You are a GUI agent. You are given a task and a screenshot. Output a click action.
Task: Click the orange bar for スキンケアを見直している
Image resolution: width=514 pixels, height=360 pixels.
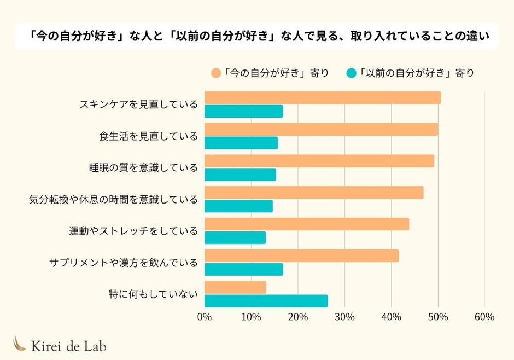coord(322,98)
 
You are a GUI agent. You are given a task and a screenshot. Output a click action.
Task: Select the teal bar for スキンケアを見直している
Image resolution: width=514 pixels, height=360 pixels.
coord(243,112)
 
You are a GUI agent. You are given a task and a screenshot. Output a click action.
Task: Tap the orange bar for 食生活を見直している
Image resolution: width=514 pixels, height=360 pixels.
coord(321,130)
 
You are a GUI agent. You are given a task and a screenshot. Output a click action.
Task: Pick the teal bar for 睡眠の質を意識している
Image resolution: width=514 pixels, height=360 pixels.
coord(240,175)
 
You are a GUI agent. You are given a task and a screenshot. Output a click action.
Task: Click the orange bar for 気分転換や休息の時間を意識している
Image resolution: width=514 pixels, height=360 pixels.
coord(313,193)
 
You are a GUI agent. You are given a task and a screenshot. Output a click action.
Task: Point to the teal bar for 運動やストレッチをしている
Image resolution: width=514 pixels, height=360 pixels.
coord(235,238)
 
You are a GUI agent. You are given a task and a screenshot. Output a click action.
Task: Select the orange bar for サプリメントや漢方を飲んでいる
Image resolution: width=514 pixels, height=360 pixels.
coord(301,256)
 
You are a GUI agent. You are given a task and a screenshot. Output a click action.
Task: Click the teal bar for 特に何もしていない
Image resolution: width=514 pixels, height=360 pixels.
coord(266,301)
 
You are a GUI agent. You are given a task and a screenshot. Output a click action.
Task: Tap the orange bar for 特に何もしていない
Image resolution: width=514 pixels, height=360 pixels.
coord(235,287)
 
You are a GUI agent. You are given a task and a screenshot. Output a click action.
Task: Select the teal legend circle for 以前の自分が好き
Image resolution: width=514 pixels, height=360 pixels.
coord(352,73)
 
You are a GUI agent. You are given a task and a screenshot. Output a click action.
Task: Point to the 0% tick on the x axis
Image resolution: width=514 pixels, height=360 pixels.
coord(204,317)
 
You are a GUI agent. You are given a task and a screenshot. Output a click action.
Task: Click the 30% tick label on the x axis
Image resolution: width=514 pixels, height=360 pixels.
coord(344,317)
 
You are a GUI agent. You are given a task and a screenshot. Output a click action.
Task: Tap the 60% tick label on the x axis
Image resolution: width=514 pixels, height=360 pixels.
coord(484,317)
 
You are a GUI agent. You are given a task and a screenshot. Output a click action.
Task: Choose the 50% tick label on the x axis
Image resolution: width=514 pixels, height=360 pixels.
coord(438,317)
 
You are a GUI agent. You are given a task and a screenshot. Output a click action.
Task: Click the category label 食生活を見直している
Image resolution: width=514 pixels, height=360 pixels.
coord(148,136)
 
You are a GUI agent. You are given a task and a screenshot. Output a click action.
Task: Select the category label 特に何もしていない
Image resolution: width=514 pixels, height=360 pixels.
coord(153,294)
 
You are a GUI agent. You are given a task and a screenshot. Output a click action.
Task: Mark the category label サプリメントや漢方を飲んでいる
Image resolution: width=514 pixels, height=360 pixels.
coord(123,263)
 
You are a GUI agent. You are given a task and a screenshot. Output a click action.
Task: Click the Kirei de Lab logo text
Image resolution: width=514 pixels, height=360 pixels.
coord(68,345)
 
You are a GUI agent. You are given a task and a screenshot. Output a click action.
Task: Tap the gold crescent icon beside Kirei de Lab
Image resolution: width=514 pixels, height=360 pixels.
coord(20,343)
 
